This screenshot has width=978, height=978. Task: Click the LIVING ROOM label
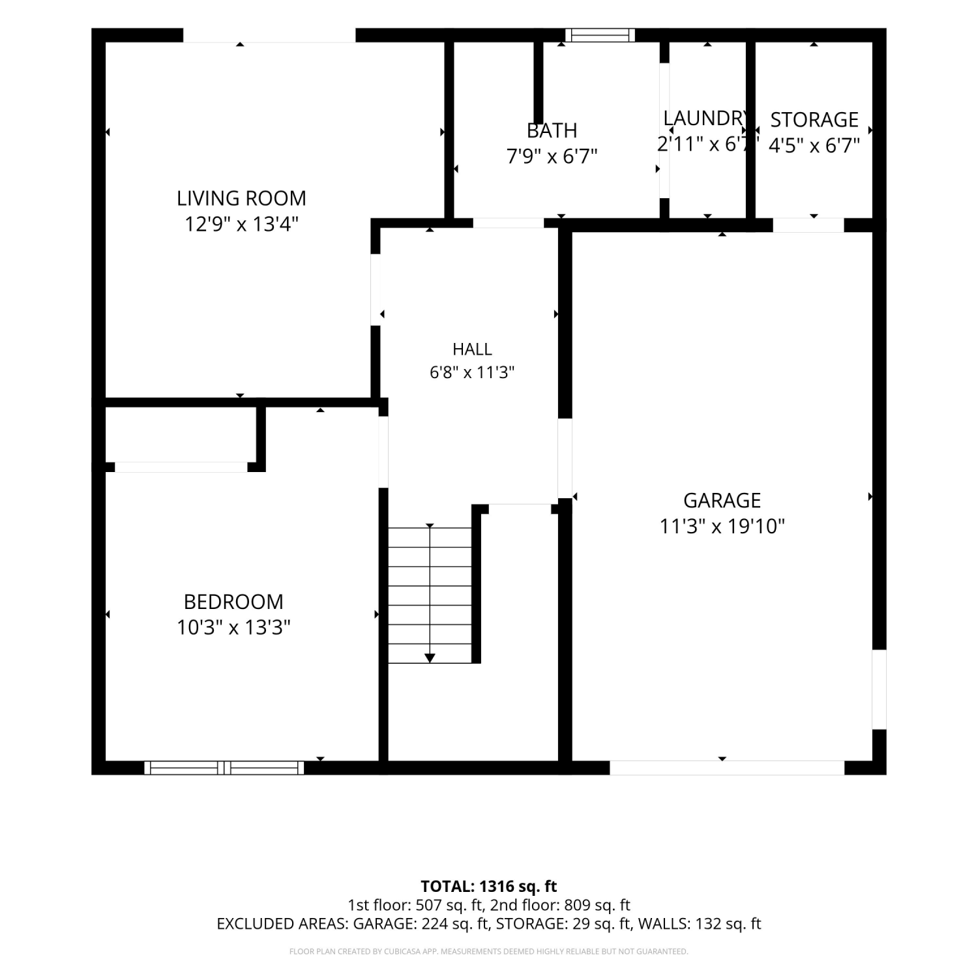pos(241,198)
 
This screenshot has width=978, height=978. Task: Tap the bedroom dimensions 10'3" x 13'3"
pos(233,627)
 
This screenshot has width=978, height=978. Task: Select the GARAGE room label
pos(722,500)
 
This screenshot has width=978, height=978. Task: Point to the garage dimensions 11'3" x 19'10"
pos(722,526)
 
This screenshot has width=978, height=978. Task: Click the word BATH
pos(552,130)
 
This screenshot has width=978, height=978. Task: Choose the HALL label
pos(472,349)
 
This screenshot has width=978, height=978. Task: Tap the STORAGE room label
pos(814,120)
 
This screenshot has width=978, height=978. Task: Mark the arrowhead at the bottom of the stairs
pos(430,658)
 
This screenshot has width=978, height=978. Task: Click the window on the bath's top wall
pos(600,35)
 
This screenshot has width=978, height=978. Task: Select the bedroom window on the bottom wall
pos(224,767)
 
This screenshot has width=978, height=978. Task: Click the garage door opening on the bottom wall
pos(727,767)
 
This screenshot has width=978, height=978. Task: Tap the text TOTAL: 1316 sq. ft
pos(489,886)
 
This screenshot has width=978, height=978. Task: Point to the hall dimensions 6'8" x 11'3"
pos(472,372)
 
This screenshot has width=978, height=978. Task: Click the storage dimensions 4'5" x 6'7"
pos(814,145)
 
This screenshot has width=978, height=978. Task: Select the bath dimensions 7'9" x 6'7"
pos(552,156)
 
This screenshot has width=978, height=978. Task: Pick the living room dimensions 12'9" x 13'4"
pos(241,224)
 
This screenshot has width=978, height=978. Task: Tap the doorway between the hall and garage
pos(565,458)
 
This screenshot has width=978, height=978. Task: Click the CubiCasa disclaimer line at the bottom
pos(489,952)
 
